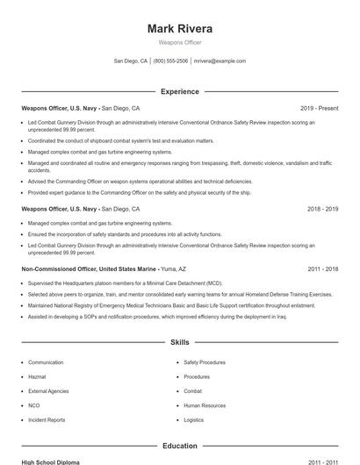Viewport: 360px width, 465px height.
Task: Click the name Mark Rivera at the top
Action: pyautogui.click(x=180, y=28)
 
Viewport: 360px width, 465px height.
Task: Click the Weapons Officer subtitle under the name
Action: pyautogui.click(x=180, y=41)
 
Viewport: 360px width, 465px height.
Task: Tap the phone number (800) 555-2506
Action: pyautogui.click(x=171, y=61)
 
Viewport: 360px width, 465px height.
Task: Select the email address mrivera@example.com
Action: pyautogui.click(x=220, y=61)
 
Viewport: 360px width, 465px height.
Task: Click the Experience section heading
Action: pyautogui.click(x=180, y=90)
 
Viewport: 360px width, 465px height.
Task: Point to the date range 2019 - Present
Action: pyautogui.click(x=320, y=108)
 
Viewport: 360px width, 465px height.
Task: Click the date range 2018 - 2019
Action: pyautogui.click(x=322, y=210)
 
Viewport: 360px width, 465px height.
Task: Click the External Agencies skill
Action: pyautogui.click(x=49, y=390)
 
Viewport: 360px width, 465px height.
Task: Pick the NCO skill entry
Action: pyautogui.click(x=34, y=405)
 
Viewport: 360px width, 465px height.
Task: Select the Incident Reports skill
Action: pyautogui.click(x=47, y=420)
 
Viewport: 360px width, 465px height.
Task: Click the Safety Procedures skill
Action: pyautogui.click(x=205, y=361)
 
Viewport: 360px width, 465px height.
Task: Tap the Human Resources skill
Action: pyautogui.click(x=205, y=405)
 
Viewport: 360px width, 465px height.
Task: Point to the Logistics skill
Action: pyautogui.click(x=194, y=420)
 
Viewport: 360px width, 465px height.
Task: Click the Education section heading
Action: pyautogui.click(x=180, y=446)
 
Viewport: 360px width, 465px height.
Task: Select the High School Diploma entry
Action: pyautogui.click(x=52, y=461)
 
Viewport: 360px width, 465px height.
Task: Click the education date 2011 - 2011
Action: pyautogui.click(x=322, y=461)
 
